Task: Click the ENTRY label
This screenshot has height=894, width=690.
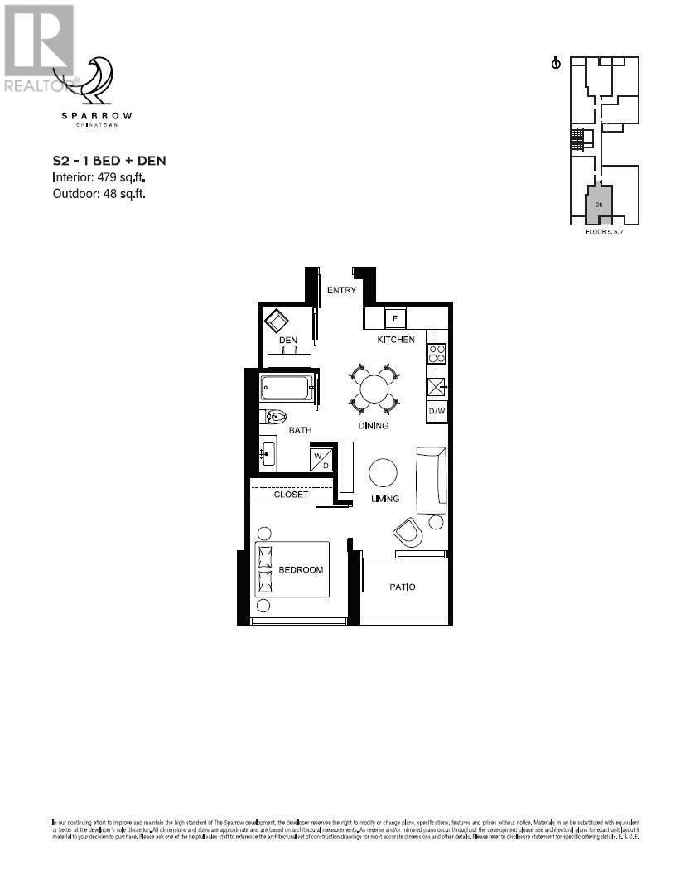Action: point(341,290)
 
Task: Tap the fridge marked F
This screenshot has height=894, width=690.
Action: point(395,318)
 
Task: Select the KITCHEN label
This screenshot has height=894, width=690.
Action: point(396,340)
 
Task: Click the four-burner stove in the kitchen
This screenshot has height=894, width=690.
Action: point(436,354)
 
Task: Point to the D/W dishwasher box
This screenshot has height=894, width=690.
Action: point(437,411)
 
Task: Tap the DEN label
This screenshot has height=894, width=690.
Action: point(287,341)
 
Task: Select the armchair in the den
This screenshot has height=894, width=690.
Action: point(276,321)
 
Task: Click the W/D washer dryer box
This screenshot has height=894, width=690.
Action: point(321,458)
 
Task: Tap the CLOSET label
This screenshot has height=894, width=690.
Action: point(291,495)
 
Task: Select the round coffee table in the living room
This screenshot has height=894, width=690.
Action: point(383,473)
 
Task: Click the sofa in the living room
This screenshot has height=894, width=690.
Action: point(432,481)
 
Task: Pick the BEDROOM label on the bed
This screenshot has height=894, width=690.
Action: point(300,570)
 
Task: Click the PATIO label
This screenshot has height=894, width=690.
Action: point(403,587)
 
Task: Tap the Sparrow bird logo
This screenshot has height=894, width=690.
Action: point(98,80)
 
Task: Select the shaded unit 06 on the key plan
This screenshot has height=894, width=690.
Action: point(597,202)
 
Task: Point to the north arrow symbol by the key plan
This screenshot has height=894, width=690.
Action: point(557,63)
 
